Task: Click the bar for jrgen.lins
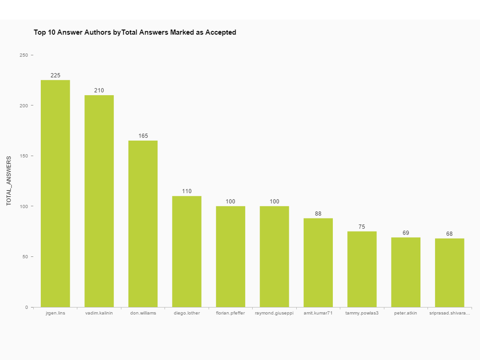[x=55, y=194]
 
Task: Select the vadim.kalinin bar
[x=99, y=201]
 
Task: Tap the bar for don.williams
[x=143, y=224]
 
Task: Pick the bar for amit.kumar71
[x=318, y=262]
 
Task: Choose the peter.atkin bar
[x=406, y=272]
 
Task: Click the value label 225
[x=55, y=75]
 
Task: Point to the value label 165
[x=143, y=136]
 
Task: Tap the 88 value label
[x=318, y=214]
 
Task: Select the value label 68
[x=450, y=234]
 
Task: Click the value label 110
[x=187, y=191]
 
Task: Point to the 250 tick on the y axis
[x=23, y=55]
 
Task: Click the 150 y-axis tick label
[x=23, y=156]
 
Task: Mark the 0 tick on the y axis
[x=26, y=307]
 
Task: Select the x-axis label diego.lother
[x=187, y=313]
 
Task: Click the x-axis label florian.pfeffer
[x=230, y=313]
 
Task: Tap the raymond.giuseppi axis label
[x=274, y=313]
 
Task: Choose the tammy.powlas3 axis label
[x=362, y=313]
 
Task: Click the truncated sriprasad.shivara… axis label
[x=450, y=313]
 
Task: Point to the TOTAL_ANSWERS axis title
[x=9, y=181]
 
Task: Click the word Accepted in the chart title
[x=221, y=32]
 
